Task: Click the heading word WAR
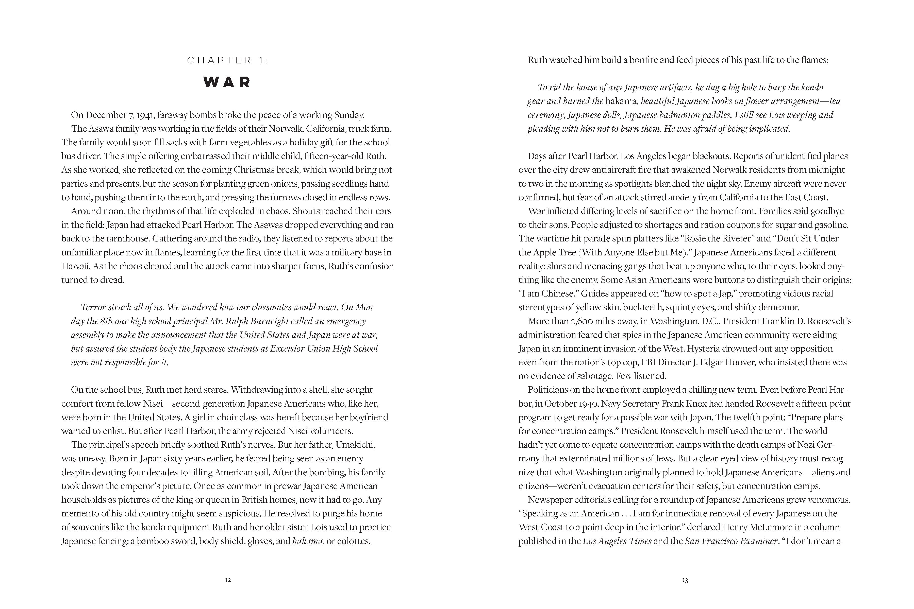click(227, 82)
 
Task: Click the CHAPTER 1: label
click(227, 61)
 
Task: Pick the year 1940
click(588, 404)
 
